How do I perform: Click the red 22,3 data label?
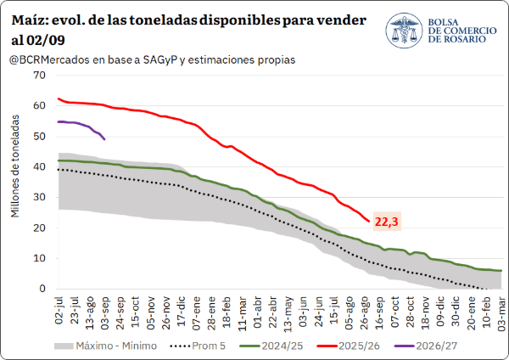pos(386,222)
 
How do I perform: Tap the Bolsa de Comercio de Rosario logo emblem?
pos(404,31)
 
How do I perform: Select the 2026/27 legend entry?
pos(426,346)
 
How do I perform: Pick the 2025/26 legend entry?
pos(349,346)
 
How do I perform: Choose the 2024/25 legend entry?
pos(271,346)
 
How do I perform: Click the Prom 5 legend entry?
pos(198,346)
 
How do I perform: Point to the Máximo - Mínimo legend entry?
pos(105,346)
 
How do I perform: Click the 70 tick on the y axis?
pos(39,75)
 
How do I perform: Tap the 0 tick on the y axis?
pos(42,289)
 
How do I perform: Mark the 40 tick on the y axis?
pos(39,166)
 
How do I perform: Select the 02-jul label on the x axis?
pos(59,310)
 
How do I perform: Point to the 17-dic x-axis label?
pos(181,312)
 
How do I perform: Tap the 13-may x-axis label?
pos(288,314)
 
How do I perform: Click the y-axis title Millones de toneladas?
pos(15,166)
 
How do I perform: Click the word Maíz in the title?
pos(30,20)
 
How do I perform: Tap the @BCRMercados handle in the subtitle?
pos(49,60)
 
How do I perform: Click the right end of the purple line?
pos(104,139)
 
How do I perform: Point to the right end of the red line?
pos(369,222)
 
